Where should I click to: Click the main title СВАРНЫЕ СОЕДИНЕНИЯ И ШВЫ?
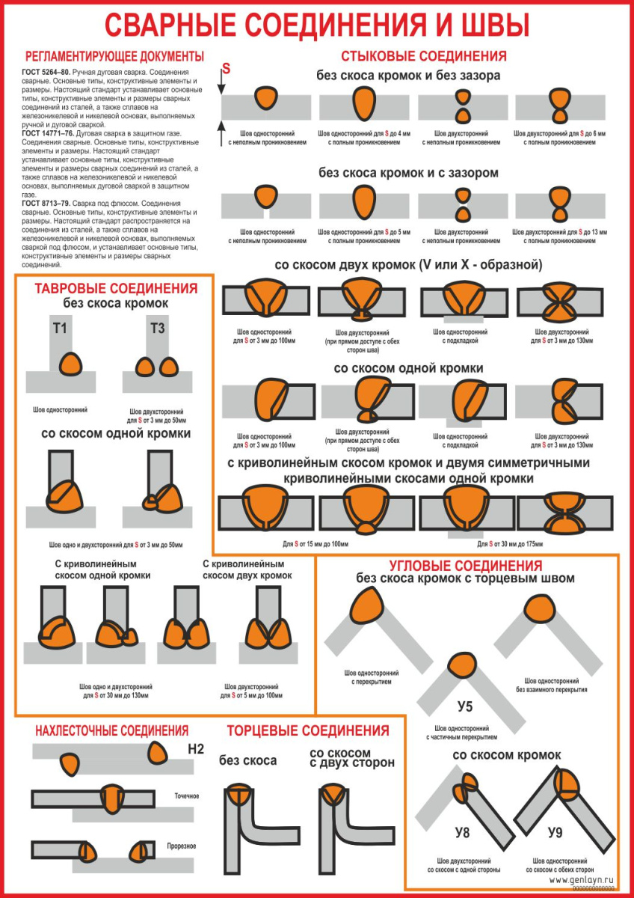[x=317, y=25]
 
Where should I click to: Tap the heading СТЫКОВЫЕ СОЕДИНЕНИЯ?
[x=423, y=56]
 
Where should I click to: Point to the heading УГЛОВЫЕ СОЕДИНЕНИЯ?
[x=465, y=566]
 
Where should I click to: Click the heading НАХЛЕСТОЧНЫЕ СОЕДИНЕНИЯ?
[x=112, y=730]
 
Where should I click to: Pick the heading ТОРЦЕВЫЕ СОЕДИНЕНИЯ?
[x=308, y=730]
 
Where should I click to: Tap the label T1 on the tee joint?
[x=61, y=328]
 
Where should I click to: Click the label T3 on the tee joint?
[x=157, y=328]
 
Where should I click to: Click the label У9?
[x=555, y=831]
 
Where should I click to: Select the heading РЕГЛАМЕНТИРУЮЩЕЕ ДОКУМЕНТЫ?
[x=114, y=56]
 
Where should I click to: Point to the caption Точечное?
[x=185, y=796]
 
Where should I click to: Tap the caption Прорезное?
[x=182, y=846]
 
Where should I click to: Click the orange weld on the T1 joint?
[x=71, y=363]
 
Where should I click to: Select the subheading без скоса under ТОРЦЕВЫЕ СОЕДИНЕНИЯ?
[x=247, y=760]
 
